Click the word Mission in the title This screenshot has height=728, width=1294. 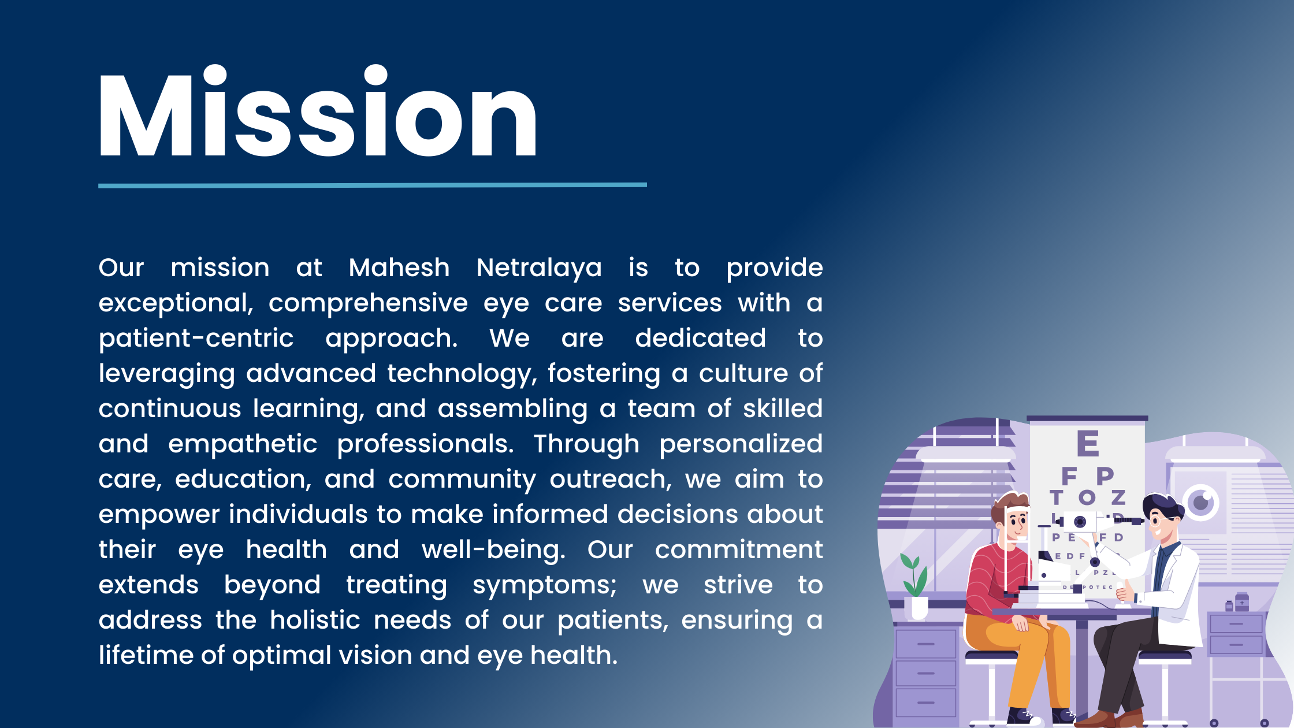point(318,111)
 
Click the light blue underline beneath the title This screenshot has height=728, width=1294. point(373,185)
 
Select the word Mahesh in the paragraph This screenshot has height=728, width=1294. point(399,268)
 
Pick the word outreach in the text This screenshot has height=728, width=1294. point(611,479)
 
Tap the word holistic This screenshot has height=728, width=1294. point(315,620)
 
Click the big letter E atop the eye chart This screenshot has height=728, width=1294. point(1087,444)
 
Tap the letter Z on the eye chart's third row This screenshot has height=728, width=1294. point(1118,497)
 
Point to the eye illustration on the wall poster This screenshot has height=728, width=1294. point(1200,502)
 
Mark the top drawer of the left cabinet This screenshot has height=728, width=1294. point(925,644)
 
